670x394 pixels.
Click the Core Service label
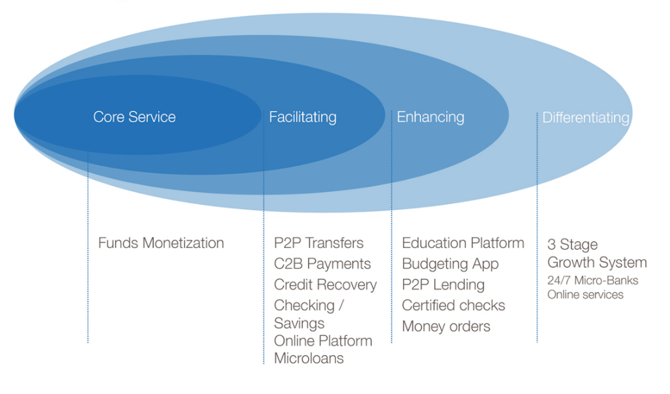pyautogui.click(x=134, y=117)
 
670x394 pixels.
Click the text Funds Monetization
pyautogui.click(x=161, y=243)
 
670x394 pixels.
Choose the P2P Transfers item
pyautogui.click(x=318, y=243)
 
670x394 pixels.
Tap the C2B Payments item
pyautogui.click(x=322, y=264)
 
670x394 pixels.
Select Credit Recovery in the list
pyautogui.click(x=325, y=285)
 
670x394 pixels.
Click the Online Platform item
pyautogui.click(x=323, y=341)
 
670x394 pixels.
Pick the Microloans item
pyautogui.click(x=309, y=359)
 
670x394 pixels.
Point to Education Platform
pyautogui.click(x=463, y=243)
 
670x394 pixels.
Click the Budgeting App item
pyautogui.click(x=450, y=264)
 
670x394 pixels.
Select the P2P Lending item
pyautogui.click(x=443, y=285)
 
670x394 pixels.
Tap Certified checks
pyautogui.click(x=453, y=305)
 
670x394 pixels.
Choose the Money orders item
pyautogui.click(x=446, y=327)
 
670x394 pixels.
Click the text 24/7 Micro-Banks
pyautogui.click(x=592, y=281)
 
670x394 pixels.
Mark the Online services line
pyautogui.click(x=586, y=295)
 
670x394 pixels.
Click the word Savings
pyautogui.click(x=299, y=324)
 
